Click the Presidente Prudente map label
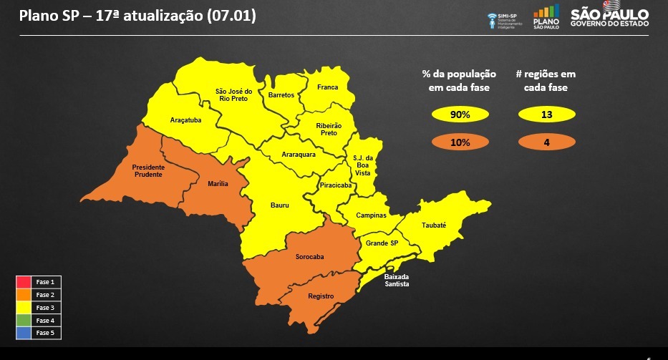(148, 170)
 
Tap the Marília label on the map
(218, 184)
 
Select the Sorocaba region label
(310, 257)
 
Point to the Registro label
(321, 296)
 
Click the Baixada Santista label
(397, 280)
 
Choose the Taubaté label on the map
(434, 225)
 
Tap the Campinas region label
(372, 215)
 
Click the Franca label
(327, 87)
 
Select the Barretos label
(281, 94)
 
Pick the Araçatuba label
(185, 120)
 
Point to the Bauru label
(280, 205)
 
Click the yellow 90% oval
(460, 115)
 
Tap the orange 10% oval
(460, 142)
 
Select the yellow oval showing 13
(546, 115)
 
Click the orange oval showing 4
(546, 142)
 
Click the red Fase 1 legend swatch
(24, 282)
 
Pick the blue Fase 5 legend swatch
(24, 333)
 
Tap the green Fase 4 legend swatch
(24, 320)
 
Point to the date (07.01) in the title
(231, 15)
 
